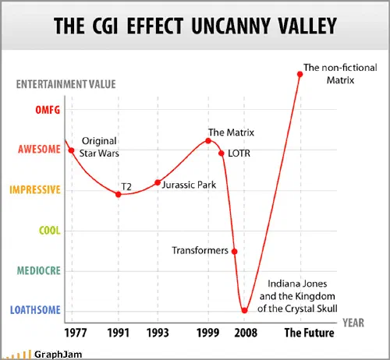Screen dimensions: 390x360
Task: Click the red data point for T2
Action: pyautogui.click(x=119, y=194)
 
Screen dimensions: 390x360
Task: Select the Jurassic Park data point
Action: pyautogui.click(x=158, y=182)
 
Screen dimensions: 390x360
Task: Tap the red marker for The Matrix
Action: pyautogui.click(x=208, y=141)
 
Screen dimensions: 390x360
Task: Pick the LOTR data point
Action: pyautogui.click(x=222, y=154)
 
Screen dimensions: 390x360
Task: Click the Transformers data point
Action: pyautogui.click(x=234, y=252)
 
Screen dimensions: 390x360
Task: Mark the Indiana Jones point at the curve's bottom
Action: pyautogui.click(x=244, y=310)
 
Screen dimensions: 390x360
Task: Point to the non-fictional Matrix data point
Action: pyautogui.click(x=300, y=74)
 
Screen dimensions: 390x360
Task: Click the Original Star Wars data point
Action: pyautogui.click(x=71, y=150)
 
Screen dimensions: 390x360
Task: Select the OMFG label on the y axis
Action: pyautogui.click(x=48, y=110)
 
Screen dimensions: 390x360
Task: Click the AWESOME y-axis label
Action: pyautogui.click(x=39, y=150)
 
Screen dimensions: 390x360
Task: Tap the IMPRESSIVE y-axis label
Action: pyautogui.click(x=35, y=190)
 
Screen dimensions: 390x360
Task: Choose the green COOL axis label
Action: pyautogui.click(x=50, y=231)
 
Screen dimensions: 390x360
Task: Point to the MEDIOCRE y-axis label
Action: pyautogui.click(x=39, y=271)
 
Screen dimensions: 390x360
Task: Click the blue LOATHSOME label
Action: pyautogui.click(x=35, y=310)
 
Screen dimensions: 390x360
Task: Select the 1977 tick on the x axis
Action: pyautogui.click(x=76, y=333)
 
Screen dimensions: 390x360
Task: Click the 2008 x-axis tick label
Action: pyautogui.click(x=246, y=333)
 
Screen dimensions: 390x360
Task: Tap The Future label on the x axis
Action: pyautogui.click(x=309, y=333)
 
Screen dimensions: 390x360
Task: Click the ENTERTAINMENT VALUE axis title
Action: pyautogui.click(x=66, y=84)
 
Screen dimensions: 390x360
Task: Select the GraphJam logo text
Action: pyautogui.click(x=58, y=355)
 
